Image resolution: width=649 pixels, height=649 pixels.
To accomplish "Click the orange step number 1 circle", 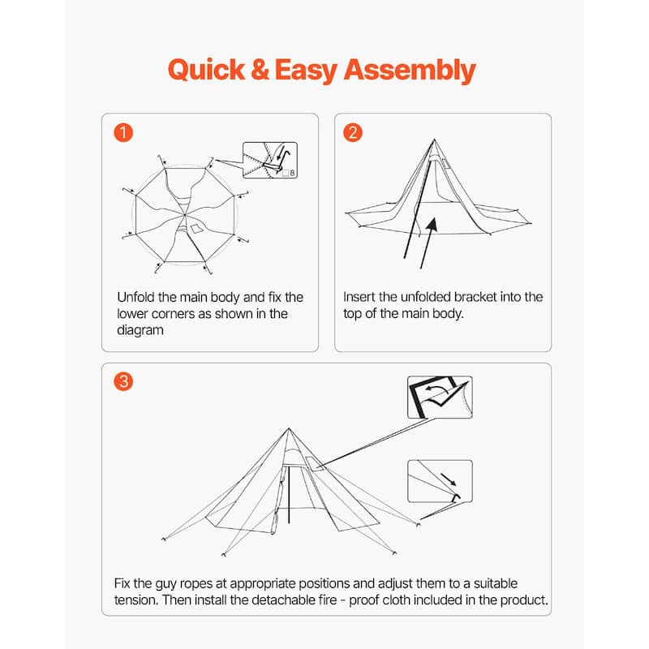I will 122,133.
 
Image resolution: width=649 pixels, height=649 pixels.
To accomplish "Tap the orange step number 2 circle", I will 352,133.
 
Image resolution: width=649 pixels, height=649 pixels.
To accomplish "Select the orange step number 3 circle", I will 122,382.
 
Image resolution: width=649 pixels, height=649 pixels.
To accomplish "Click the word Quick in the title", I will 205,70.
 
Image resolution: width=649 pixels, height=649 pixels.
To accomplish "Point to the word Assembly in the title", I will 410,70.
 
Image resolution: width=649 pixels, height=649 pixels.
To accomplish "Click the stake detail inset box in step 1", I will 270,160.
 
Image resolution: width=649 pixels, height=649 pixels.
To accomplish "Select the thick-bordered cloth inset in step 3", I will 439,397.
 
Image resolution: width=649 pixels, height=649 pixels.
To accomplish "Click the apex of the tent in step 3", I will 289,429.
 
